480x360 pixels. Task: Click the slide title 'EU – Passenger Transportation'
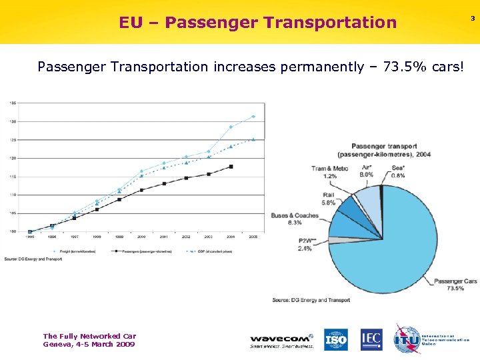coord(257,23)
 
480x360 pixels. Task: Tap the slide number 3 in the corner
coord(473,19)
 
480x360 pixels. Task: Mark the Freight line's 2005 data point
coord(253,117)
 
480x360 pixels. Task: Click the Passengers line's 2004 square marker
coord(231,167)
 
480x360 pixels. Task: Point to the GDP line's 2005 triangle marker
coord(253,139)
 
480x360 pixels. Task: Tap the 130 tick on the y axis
coord(12,121)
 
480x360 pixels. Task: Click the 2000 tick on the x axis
coord(141,237)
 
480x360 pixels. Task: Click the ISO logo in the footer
coord(336,339)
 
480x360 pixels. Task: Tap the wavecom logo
coord(281,340)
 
